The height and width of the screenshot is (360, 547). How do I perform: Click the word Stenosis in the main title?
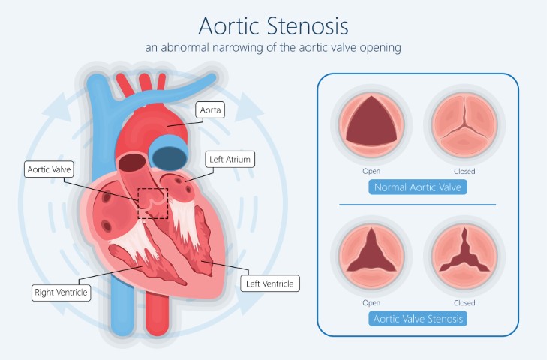point(308,25)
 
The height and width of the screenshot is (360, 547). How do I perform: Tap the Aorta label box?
point(210,110)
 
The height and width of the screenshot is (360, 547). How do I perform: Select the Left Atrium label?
point(230,160)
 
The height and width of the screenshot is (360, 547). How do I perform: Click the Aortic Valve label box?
point(50,169)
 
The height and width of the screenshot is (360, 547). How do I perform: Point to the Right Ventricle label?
point(61,292)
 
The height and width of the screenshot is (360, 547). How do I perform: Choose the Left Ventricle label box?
point(270,283)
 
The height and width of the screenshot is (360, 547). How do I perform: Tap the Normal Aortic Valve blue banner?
point(418,187)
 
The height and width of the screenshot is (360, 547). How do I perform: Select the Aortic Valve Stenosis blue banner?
point(418,319)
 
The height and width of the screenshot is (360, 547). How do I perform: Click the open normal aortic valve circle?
point(371,124)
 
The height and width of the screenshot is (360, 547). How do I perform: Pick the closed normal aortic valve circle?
point(464,124)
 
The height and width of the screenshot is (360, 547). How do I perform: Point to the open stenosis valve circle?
point(371,256)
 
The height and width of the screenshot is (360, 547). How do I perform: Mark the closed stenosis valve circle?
point(464,256)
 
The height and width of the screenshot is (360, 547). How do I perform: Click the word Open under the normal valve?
point(371,171)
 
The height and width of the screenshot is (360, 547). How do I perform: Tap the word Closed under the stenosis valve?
point(464,303)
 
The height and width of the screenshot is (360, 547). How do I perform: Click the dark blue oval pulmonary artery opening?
point(170,158)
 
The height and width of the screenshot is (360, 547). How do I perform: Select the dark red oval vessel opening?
point(132,163)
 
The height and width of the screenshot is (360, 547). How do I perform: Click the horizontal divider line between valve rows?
point(418,205)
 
